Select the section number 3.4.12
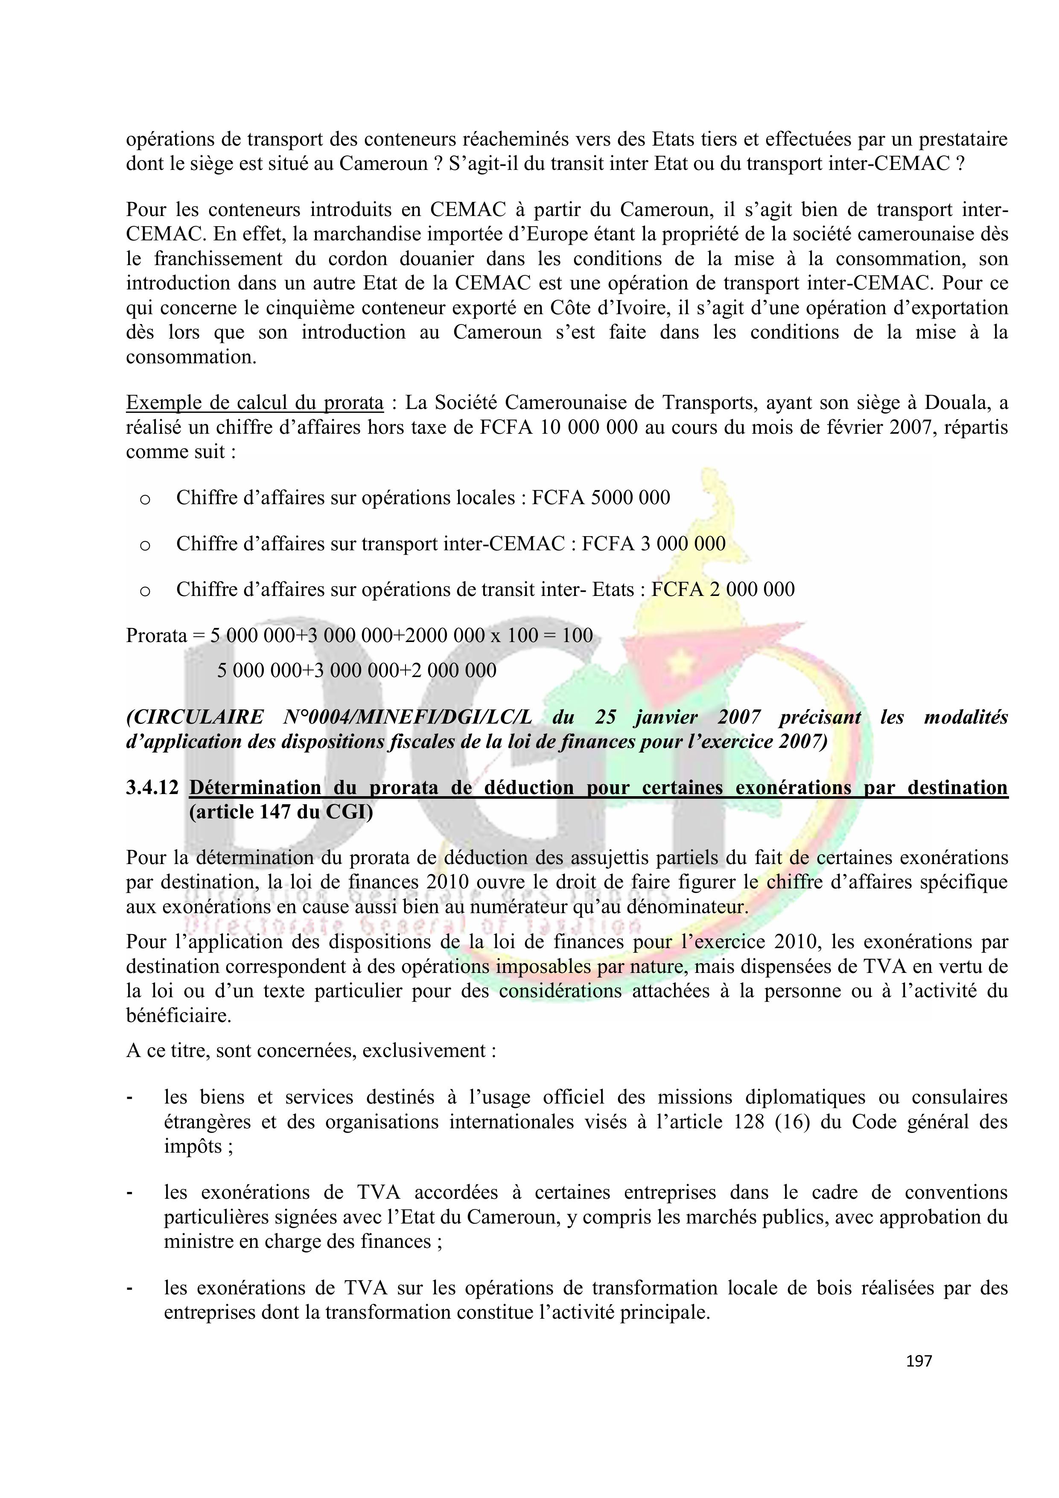[152, 788]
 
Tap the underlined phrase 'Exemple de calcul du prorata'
[254, 403]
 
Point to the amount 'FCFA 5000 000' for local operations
[601, 498]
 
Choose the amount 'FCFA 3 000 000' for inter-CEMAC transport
[654, 543]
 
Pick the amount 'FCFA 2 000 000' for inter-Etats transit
[723, 589]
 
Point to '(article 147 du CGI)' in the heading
[280, 812]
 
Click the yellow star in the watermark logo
[680, 664]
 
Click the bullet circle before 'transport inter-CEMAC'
[145, 545]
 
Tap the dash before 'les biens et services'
[130, 1098]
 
